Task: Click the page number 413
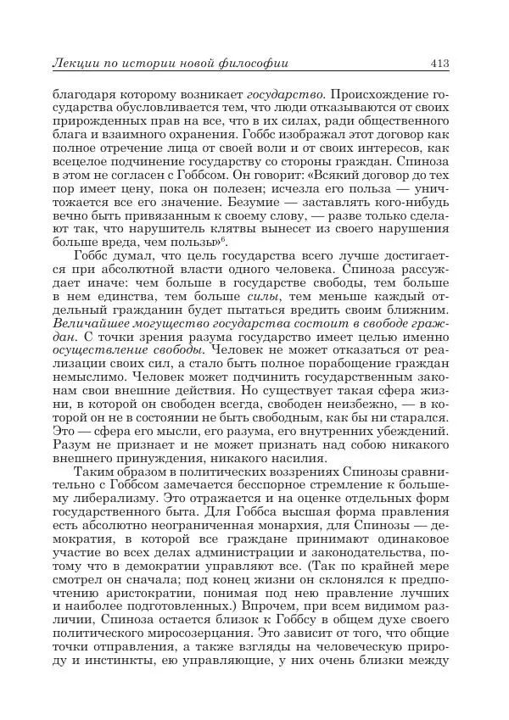click(439, 63)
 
